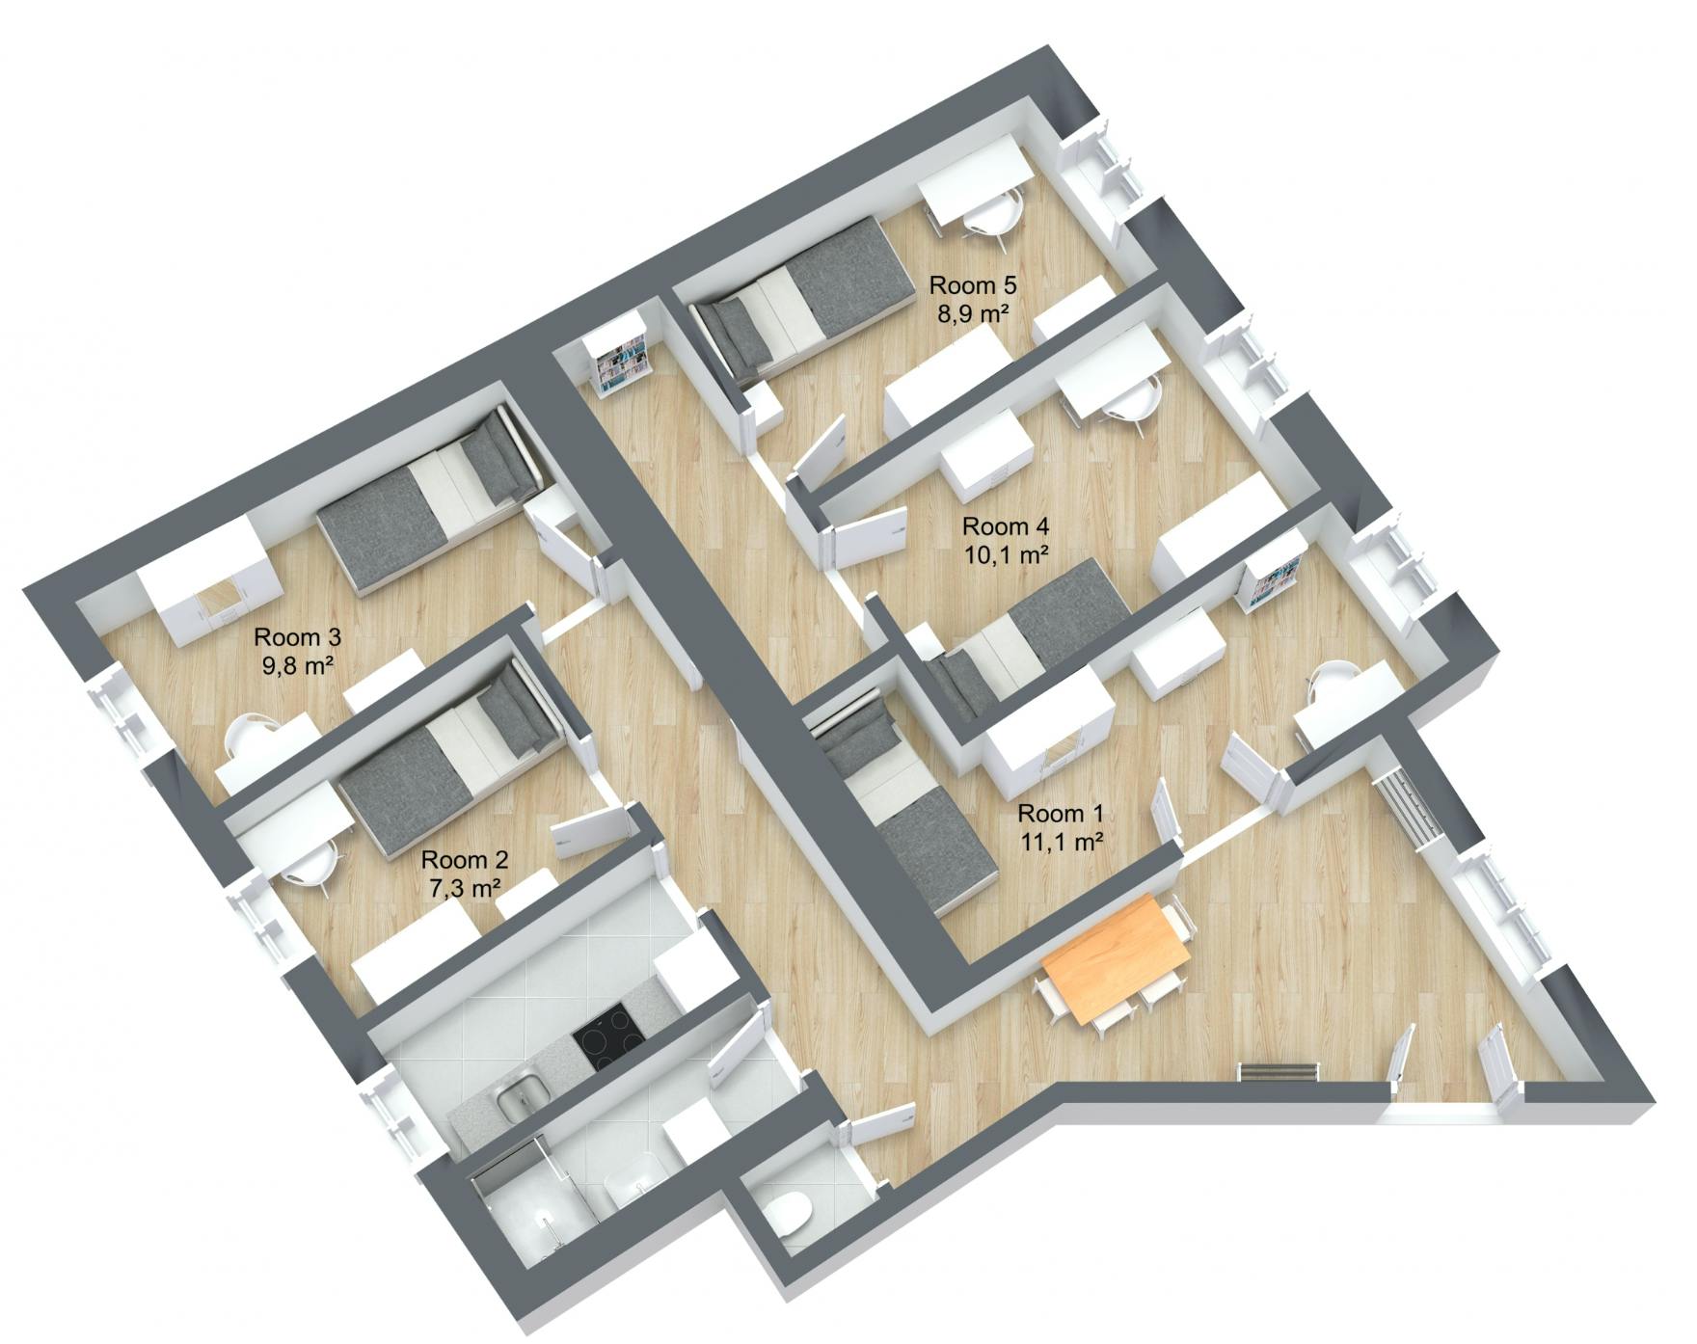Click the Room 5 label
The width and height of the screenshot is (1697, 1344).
click(972, 285)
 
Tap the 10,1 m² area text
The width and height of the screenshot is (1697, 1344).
click(1006, 554)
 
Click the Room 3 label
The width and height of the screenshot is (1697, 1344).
click(297, 637)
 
